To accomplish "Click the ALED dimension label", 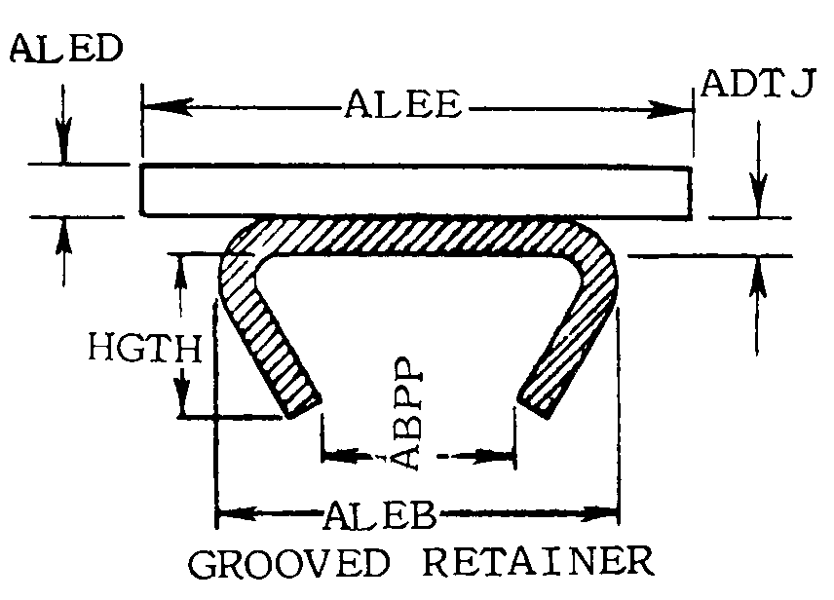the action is pyautogui.click(x=66, y=49).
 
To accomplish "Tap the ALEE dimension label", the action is pyautogui.click(x=402, y=104).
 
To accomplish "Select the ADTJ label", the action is pyautogui.click(x=757, y=84).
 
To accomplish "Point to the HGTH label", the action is pyautogui.click(x=144, y=348).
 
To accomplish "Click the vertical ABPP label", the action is pyautogui.click(x=409, y=413).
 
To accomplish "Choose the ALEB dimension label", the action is pyautogui.click(x=380, y=515).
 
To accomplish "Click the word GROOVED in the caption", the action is pyautogui.click(x=289, y=563).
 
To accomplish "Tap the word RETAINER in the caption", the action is pyautogui.click(x=538, y=562).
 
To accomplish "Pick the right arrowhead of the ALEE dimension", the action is pyautogui.click(x=669, y=110).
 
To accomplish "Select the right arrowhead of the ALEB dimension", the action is pyautogui.click(x=600, y=514).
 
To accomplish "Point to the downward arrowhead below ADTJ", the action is pyautogui.click(x=758, y=195).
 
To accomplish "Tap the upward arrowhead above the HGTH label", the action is pyautogui.click(x=181, y=273).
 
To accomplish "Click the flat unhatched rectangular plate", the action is pyautogui.click(x=416, y=192).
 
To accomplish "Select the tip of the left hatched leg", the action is pyautogui.click(x=304, y=407).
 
